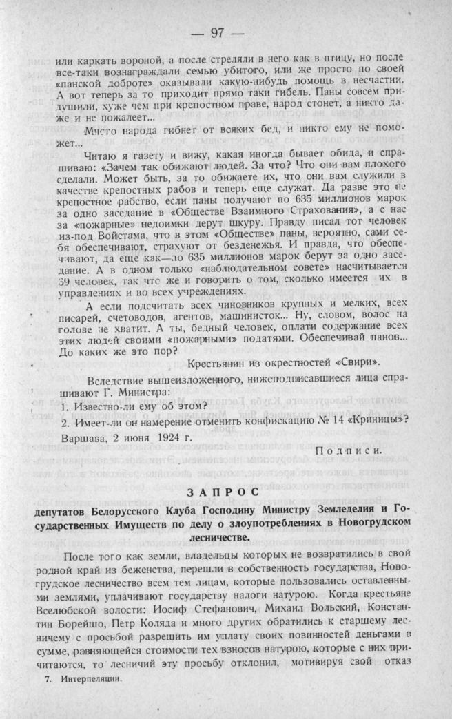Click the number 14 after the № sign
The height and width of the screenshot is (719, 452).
point(317,417)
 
